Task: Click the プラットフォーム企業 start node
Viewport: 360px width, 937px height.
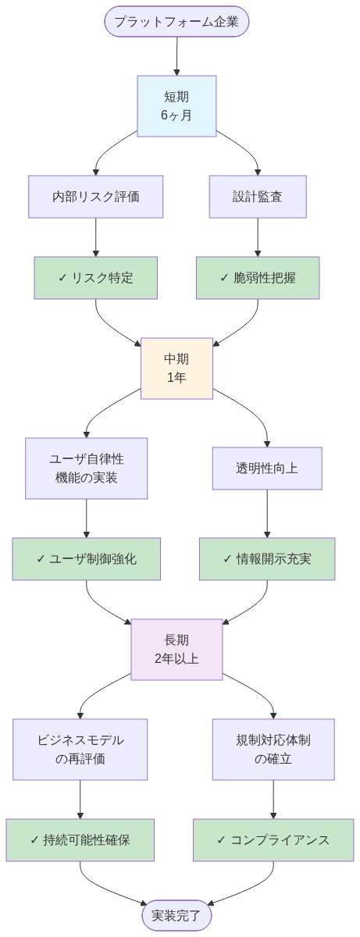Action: tap(176, 21)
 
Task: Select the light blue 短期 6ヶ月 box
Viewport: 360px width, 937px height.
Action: tap(176, 106)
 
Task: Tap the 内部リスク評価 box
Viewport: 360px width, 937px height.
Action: tap(95, 197)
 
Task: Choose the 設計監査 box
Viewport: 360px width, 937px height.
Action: tap(258, 197)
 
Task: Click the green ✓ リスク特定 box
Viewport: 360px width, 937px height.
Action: tap(95, 278)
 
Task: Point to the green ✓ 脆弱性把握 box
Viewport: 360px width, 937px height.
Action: tap(258, 278)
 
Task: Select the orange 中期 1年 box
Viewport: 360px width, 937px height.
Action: tap(176, 369)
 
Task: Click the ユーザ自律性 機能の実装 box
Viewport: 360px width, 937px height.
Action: tap(86, 468)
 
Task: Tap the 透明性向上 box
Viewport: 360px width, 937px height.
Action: tap(267, 468)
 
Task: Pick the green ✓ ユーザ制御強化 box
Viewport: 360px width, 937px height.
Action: tap(86, 559)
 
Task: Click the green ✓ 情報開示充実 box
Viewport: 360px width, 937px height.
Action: tap(267, 559)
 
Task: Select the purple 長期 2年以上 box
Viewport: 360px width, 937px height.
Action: tap(176, 650)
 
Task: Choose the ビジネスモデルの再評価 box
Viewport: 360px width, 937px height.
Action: tap(80, 750)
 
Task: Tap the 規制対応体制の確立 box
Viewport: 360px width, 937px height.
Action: tap(273, 750)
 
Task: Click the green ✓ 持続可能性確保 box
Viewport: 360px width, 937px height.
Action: tap(80, 840)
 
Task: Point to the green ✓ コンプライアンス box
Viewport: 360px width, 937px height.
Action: tap(273, 840)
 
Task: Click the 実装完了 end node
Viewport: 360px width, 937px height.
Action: tap(176, 915)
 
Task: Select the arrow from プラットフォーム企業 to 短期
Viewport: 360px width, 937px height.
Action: tap(176, 56)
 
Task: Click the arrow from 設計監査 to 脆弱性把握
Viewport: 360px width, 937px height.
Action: tap(258, 237)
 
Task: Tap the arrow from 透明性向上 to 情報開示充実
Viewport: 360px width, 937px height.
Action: tap(267, 514)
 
